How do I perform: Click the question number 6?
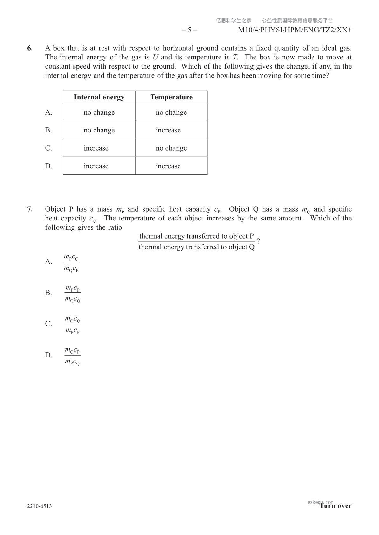pos(30,48)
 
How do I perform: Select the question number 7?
pos(30,209)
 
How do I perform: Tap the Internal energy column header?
pos(99,97)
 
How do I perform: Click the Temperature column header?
pos(171,97)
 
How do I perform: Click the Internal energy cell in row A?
pos(99,112)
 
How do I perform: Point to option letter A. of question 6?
pos(49,112)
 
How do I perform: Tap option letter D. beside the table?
pos(49,166)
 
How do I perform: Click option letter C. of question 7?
pos(48,324)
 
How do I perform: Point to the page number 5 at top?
pos(189,30)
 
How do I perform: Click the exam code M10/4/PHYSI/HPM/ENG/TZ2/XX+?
pos(295,30)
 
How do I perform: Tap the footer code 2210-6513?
pos(39,506)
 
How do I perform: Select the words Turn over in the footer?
pos(336,506)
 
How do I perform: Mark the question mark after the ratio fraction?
pos(258,240)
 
